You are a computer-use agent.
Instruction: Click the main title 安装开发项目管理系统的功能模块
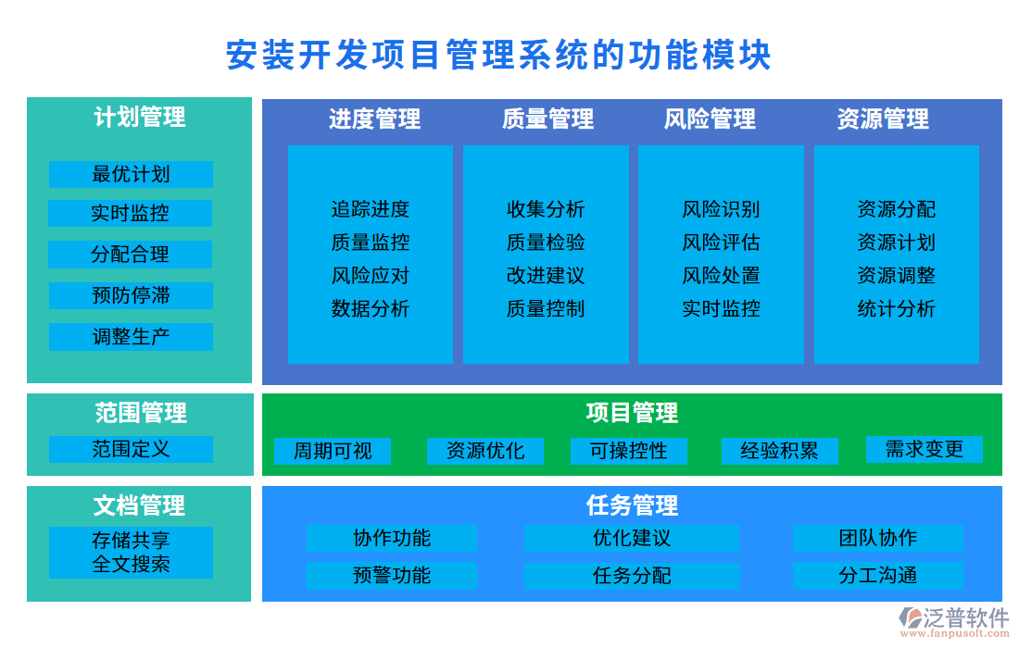(498, 55)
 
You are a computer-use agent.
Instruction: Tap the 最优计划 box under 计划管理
(131, 174)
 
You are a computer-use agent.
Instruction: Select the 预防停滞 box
(131, 295)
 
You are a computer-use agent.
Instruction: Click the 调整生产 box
(131, 336)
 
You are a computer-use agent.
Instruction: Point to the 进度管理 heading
(374, 118)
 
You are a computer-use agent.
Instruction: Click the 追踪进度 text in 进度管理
(371, 209)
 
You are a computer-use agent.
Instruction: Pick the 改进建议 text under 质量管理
(546, 275)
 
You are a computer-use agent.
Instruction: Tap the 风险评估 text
(721, 243)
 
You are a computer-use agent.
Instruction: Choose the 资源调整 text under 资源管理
(896, 275)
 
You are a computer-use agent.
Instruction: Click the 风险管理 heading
(710, 118)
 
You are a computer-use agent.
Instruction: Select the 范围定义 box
(131, 449)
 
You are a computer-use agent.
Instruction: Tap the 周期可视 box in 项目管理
(333, 451)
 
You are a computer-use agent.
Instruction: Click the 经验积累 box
(779, 451)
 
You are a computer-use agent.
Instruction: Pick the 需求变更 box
(924, 449)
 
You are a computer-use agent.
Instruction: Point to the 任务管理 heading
(632, 505)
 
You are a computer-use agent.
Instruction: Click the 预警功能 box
(391, 575)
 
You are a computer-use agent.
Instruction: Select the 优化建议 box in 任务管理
(631, 538)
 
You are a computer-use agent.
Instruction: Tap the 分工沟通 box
(877, 575)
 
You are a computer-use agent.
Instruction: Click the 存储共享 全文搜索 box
(131, 552)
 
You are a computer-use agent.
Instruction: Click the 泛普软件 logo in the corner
(953, 619)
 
